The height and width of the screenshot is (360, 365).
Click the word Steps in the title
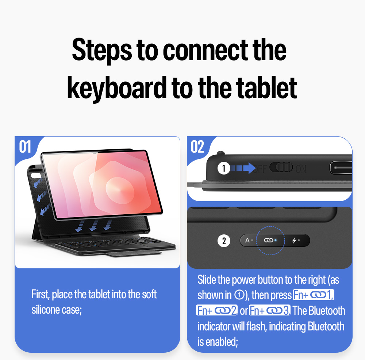coord(102,51)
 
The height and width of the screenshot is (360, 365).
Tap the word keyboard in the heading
coord(117,88)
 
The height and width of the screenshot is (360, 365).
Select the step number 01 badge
coord(25,147)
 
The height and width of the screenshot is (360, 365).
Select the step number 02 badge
coord(197,147)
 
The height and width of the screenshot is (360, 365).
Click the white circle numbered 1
coord(224,168)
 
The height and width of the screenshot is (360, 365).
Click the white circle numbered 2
coord(224,241)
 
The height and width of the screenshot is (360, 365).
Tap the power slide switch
coord(281,167)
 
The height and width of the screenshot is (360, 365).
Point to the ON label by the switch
coord(301,169)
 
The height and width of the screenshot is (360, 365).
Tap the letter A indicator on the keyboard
coord(247,240)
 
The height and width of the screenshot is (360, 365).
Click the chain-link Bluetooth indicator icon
coord(268,240)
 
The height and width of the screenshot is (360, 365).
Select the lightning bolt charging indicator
coord(295,240)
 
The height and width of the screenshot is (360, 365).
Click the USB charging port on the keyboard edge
coord(341,168)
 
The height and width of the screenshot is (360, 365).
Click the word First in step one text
coord(41,294)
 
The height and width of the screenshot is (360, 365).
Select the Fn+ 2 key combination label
coord(217,310)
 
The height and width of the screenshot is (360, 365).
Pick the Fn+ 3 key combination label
coord(270,310)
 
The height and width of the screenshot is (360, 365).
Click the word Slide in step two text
coord(207,279)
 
